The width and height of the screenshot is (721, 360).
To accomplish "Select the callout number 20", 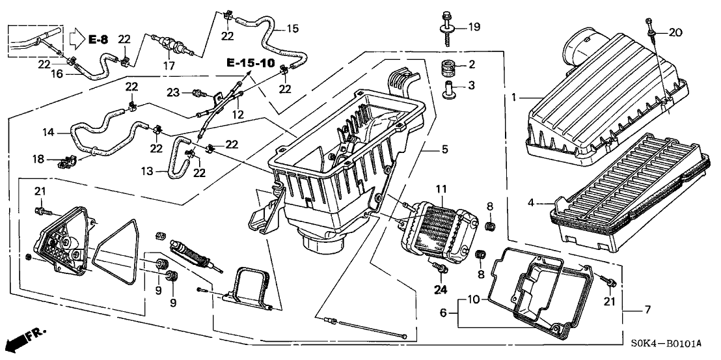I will pyautogui.click(x=676, y=33).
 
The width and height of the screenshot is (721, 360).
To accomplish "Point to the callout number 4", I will pyautogui.click(x=531, y=203).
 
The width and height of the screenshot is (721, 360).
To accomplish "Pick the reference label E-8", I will pyautogui.click(x=98, y=40).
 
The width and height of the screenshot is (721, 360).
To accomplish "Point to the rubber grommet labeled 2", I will pyautogui.click(x=447, y=66).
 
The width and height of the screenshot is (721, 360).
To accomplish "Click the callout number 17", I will pyautogui.click(x=169, y=65).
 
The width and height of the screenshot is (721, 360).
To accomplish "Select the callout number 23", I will pyautogui.click(x=174, y=92).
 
